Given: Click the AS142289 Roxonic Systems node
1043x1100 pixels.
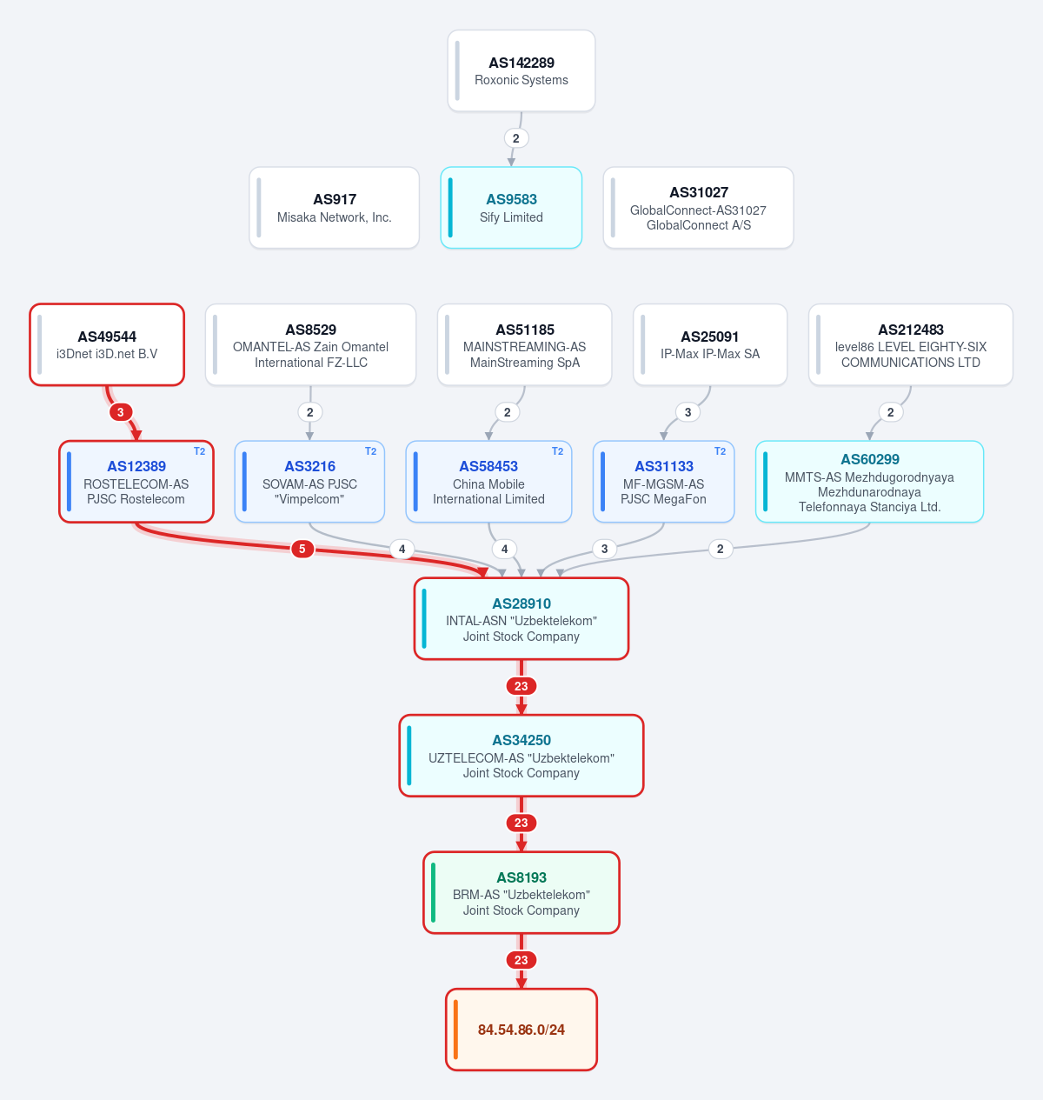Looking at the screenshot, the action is click(x=521, y=71).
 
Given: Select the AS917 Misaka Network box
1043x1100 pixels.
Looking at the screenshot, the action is click(x=335, y=208).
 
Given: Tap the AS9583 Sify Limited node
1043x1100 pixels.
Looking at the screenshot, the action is click(x=511, y=208).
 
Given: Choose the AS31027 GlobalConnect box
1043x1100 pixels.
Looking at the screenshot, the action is click(x=699, y=208).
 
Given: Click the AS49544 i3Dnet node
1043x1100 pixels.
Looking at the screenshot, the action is click(x=107, y=344).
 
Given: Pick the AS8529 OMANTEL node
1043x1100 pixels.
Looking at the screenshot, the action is click(x=311, y=344).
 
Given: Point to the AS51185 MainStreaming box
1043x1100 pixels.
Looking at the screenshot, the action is click(x=525, y=344).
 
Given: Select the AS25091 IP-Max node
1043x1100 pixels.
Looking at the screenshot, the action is click(x=710, y=344).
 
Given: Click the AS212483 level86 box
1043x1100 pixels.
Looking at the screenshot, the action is click(x=911, y=344).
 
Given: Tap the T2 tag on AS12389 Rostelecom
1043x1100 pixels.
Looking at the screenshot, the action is click(x=200, y=451).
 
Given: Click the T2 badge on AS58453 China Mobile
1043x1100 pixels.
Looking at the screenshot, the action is click(x=558, y=451).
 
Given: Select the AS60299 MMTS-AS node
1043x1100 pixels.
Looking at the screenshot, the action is click(x=870, y=482).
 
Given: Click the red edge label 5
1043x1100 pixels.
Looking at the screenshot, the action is click(x=302, y=549).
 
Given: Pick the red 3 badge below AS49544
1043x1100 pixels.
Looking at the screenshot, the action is click(x=120, y=412).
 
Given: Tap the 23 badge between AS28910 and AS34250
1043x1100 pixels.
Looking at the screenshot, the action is click(x=521, y=686).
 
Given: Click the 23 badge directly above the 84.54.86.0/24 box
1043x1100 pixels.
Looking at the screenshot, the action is click(x=521, y=960).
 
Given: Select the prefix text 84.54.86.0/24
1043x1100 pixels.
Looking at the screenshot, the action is click(x=521, y=1030).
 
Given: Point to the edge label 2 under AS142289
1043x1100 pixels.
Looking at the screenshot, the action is click(x=516, y=138).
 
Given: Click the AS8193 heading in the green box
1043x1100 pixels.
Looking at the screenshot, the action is click(x=521, y=877).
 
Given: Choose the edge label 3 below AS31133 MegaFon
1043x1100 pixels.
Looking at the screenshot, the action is click(x=605, y=549).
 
